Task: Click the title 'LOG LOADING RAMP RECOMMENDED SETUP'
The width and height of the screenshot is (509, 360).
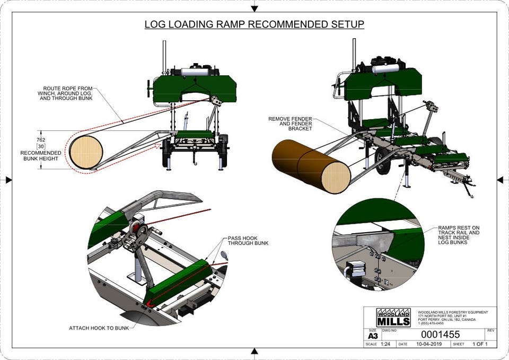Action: coord(254,24)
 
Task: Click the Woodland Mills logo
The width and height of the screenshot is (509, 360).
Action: coord(393,317)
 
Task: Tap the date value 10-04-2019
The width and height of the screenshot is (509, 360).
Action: coord(429,344)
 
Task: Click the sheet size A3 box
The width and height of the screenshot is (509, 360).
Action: coord(372,335)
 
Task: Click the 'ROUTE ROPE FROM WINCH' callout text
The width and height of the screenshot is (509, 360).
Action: coord(67,93)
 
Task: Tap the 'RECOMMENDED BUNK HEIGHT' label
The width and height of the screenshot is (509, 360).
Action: coord(41,156)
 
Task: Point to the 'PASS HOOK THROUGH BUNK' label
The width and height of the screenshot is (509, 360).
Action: coord(248,241)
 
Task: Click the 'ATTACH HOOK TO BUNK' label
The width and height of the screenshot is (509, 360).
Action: coord(99,328)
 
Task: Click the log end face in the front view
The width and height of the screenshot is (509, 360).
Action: coord(86,152)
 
